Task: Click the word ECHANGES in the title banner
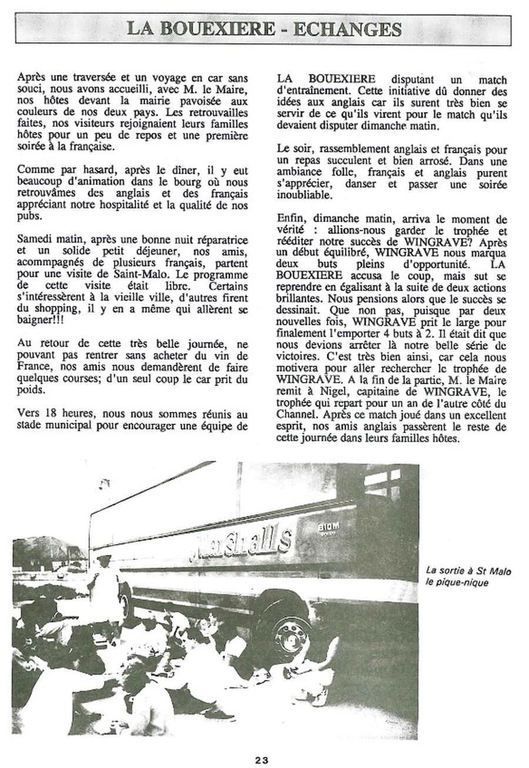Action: [347, 28]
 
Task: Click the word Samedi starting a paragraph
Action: [35, 241]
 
